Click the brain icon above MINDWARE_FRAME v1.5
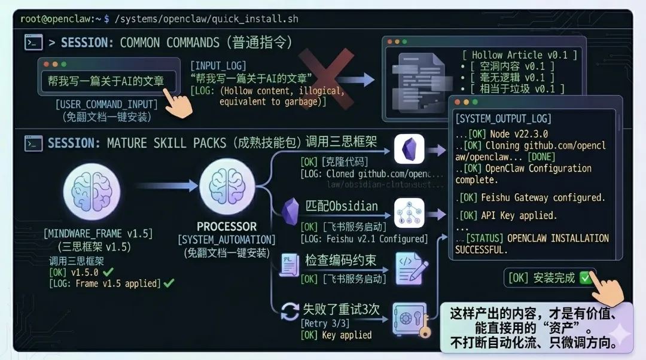(92, 191)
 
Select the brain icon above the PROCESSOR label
(227, 191)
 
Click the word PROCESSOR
(227, 227)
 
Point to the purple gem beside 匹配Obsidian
(290, 211)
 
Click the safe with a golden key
(410, 319)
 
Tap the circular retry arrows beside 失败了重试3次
(290, 311)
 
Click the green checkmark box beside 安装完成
(586, 278)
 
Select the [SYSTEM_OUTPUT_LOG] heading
(503, 118)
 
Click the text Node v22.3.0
(517, 133)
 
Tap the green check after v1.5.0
(108, 272)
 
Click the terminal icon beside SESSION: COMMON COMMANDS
(33, 42)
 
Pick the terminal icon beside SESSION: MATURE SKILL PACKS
(33, 143)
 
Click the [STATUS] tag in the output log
(484, 238)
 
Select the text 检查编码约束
(341, 260)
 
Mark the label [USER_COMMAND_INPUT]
(106, 105)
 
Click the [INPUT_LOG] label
(218, 65)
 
